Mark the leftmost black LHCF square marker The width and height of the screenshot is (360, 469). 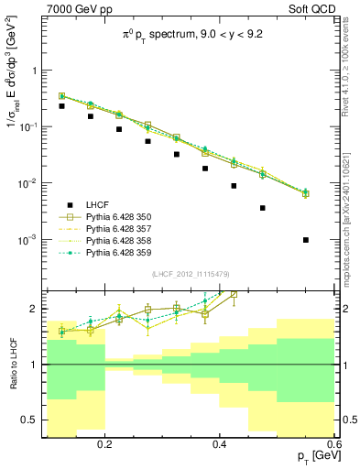coord(61,106)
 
